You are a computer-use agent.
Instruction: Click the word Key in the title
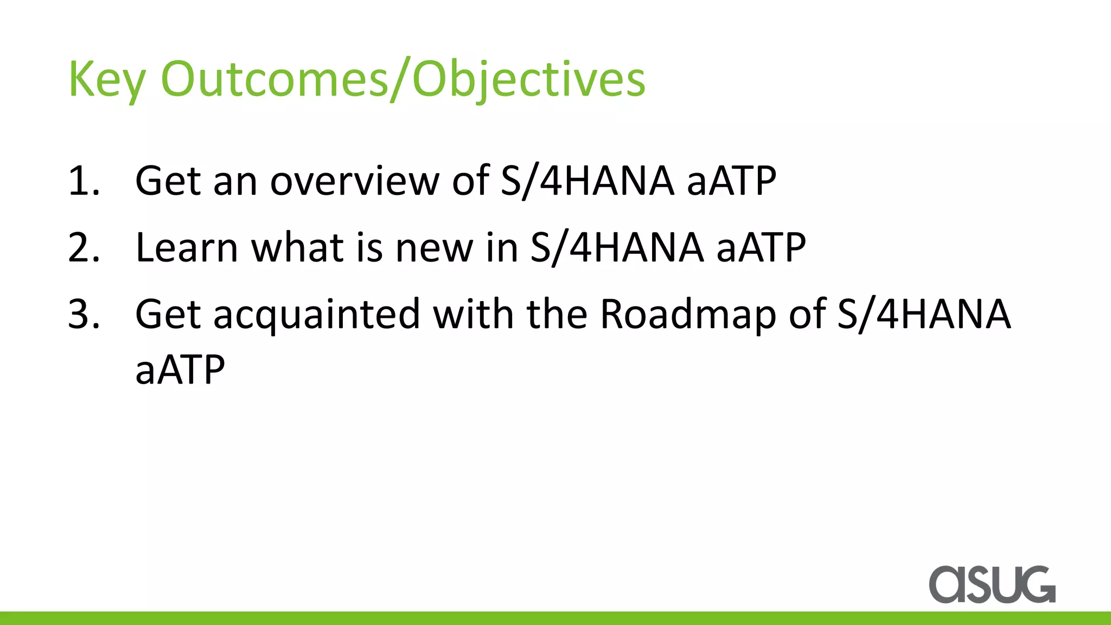[x=106, y=80]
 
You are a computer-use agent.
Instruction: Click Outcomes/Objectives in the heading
[x=403, y=80]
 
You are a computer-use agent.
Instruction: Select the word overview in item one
[x=355, y=181]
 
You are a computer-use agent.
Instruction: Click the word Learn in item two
[x=186, y=248]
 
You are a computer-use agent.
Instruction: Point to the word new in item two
[x=434, y=248]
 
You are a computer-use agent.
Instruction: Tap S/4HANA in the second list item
[x=616, y=248]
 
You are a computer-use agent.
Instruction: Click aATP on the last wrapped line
[x=180, y=370]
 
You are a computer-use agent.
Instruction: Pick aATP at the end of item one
[x=731, y=181]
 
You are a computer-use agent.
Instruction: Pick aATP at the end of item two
[x=761, y=248]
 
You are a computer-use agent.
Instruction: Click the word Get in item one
[x=168, y=181]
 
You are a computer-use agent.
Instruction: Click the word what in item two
[x=297, y=248]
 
